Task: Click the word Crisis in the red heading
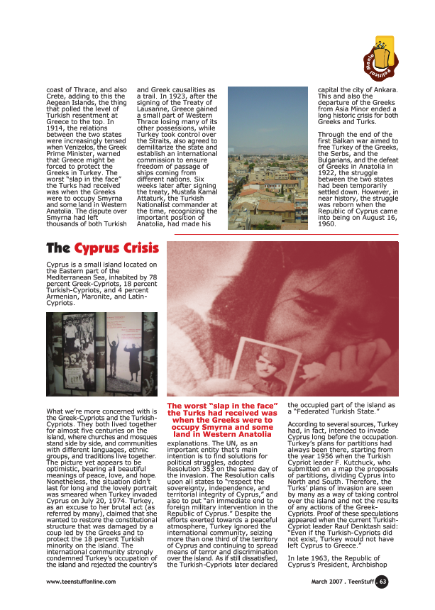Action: coord(136,248)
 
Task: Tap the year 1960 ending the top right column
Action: coord(328,223)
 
